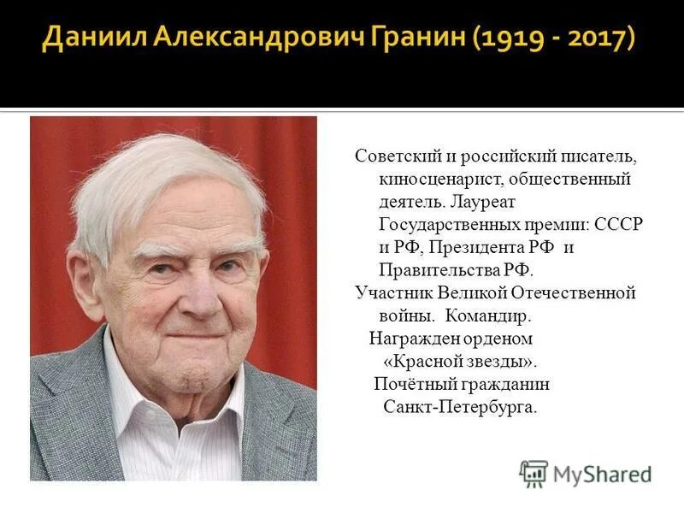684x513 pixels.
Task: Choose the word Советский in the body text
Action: (x=396, y=158)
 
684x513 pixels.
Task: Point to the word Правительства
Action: (x=436, y=270)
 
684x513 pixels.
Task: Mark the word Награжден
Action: (x=409, y=338)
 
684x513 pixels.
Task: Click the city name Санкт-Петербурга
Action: (x=461, y=406)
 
